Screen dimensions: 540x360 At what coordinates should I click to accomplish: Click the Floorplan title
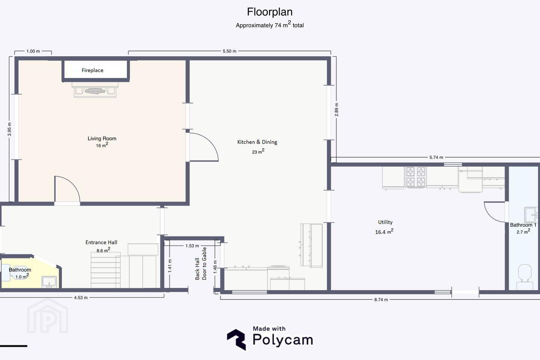[270, 12]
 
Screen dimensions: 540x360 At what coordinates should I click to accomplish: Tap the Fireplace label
[93, 70]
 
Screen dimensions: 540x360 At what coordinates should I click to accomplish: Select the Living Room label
[102, 138]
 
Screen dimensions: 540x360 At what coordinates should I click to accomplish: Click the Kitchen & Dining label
[257, 142]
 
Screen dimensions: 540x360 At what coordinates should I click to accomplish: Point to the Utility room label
[385, 222]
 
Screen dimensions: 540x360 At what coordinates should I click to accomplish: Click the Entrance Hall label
[101, 242]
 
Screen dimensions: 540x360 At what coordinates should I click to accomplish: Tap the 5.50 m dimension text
[229, 51]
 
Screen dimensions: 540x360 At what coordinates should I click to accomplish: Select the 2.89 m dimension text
[336, 109]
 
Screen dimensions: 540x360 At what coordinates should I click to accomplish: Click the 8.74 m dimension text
[381, 300]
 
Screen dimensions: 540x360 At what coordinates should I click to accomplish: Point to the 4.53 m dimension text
[81, 298]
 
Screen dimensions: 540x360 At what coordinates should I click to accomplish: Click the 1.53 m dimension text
[192, 246]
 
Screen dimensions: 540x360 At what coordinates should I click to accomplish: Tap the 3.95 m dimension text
[9, 129]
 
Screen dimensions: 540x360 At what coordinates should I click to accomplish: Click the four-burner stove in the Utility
[415, 177]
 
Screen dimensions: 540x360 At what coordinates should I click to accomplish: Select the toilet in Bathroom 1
[525, 277]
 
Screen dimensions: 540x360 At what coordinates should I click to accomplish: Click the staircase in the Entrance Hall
[106, 270]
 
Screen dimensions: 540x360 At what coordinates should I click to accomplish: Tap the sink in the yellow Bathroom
[49, 282]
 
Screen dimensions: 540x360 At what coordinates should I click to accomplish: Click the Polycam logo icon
[236, 339]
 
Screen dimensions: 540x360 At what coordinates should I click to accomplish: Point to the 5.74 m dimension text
[436, 157]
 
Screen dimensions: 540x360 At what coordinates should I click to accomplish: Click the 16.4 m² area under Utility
[384, 232]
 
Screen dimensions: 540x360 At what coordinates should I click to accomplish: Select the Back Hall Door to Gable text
[201, 264]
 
